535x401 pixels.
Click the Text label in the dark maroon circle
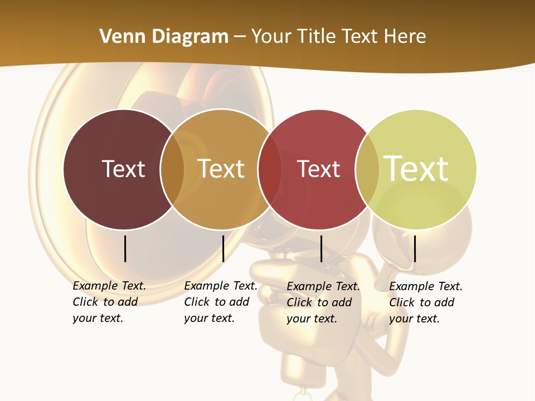123,169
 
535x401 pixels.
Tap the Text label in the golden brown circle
221,169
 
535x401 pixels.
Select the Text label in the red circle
318,169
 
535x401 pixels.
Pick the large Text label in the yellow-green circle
416,169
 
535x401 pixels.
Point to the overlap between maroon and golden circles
172,169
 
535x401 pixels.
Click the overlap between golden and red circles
270,169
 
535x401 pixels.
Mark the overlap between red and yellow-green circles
367,169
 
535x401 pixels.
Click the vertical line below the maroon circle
125,248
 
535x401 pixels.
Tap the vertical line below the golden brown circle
223,248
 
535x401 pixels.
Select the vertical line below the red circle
321,248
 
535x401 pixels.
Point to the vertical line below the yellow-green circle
415,248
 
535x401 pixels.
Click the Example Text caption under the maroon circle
109,302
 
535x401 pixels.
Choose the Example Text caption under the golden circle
220,302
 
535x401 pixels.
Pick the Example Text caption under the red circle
323,302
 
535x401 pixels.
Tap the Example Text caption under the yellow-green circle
425,302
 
